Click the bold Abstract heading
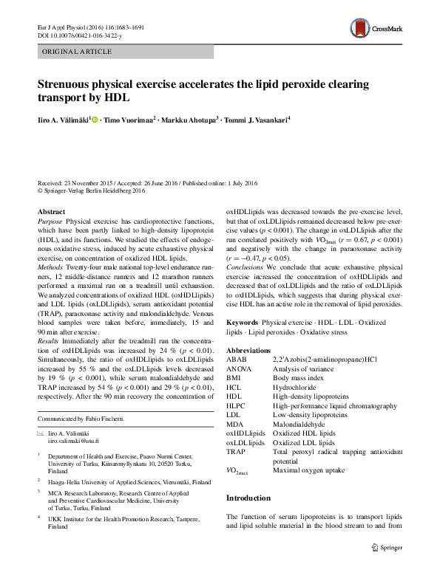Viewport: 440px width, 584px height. pyautogui.click(x=51, y=212)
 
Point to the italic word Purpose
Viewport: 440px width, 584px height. pyautogui.click(x=50, y=221)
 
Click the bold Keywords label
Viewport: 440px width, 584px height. pyautogui.click(x=243, y=323)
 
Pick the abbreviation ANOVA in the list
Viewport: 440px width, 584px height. pyautogui.click(x=238, y=368)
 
